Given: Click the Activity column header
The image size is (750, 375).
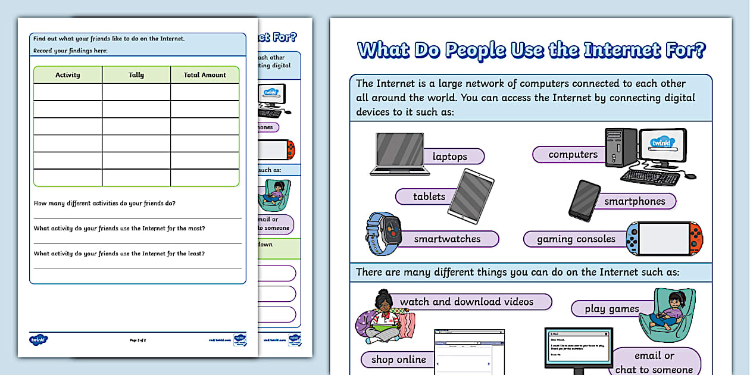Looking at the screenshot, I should pyautogui.click(x=68, y=75).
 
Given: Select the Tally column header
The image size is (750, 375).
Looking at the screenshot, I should pyautogui.click(x=136, y=75).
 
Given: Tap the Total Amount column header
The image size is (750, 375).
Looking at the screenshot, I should pyautogui.click(x=205, y=75).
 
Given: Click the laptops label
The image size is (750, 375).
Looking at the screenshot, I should pyautogui.click(x=450, y=157).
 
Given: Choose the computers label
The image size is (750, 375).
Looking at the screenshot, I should pyautogui.click(x=573, y=155).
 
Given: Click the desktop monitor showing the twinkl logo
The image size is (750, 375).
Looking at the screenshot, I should pyautogui.click(x=662, y=146).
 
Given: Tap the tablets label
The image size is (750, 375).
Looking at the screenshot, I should pyautogui.click(x=429, y=197).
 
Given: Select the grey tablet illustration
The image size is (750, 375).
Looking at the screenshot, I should pyautogui.click(x=471, y=196).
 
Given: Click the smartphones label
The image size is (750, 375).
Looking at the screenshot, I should pyautogui.click(x=635, y=201).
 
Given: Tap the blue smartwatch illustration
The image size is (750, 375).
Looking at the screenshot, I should pyautogui.click(x=384, y=233).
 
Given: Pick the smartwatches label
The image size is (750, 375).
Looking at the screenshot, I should pyautogui.click(x=447, y=239).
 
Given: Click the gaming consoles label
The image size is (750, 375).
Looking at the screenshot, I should pyautogui.click(x=576, y=239).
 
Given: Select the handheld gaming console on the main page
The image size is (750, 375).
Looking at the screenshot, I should pyautogui.click(x=664, y=238).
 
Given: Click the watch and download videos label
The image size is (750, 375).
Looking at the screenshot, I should pyautogui.click(x=467, y=302).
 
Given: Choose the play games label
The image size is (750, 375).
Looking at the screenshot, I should pyautogui.click(x=611, y=309).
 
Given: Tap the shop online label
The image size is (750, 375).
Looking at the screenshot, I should pyautogui.click(x=398, y=360).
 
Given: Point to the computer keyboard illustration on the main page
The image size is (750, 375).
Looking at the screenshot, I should pyautogui.click(x=650, y=177).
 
